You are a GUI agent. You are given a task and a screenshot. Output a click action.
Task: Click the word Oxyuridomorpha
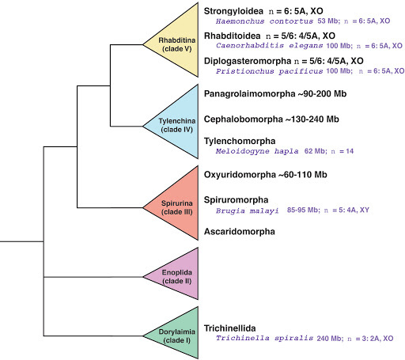(239, 175)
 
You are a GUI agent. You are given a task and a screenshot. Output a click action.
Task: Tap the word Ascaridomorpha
(239, 232)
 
